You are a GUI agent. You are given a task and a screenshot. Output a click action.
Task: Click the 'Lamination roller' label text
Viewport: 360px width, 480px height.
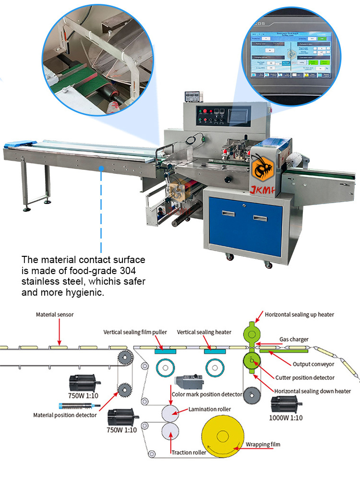click(x=210, y=409)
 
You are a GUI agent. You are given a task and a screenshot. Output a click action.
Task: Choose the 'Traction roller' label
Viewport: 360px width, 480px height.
click(x=189, y=452)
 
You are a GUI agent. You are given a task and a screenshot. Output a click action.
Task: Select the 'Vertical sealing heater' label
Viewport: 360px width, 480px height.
click(x=204, y=332)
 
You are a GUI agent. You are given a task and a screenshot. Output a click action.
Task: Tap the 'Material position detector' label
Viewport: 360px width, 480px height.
click(x=65, y=415)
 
